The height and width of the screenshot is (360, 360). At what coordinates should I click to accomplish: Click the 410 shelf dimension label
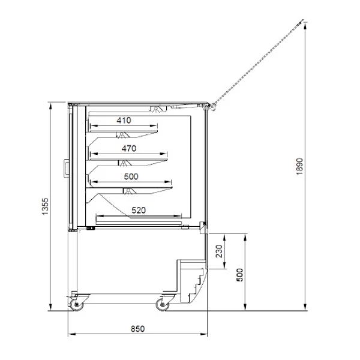(124, 121)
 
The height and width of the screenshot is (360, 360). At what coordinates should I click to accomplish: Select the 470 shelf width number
(129, 149)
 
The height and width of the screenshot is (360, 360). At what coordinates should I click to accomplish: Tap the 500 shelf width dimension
(131, 176)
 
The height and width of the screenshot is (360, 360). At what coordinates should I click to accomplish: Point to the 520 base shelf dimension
(139, 210)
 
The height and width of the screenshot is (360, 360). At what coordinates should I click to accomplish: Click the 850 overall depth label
(138, 329)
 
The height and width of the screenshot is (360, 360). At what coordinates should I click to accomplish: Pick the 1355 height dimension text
(46, 206)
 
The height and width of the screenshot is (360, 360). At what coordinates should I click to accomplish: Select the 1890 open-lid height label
(299, 166)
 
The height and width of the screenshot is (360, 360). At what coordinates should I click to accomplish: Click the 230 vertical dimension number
(219, 251)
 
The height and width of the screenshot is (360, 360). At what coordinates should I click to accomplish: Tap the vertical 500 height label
(239, 275)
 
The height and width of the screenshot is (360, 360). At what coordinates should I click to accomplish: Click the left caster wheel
(76, 304)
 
